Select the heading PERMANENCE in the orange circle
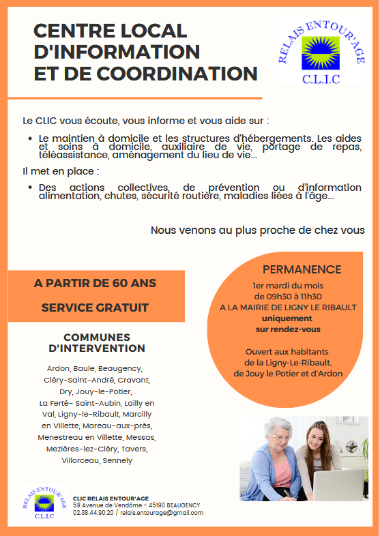[x=302, y=269]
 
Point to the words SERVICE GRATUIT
[x=95, y=308]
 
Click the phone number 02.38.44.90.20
[x=93, y=513]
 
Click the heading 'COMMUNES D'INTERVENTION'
[x=96, y=343]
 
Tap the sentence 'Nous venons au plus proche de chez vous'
[x=257, y=230]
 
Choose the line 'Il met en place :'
[x=61, y=171]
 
